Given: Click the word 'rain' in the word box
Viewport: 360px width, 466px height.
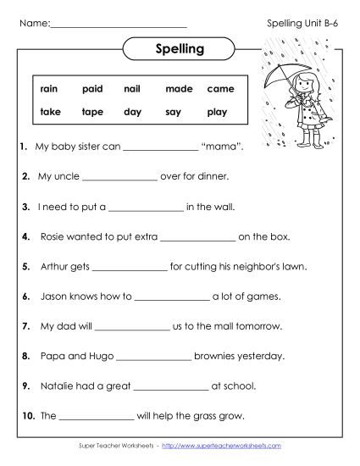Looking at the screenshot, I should click(x=49, y=89).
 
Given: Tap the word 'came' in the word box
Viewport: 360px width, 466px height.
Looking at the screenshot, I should click(x=220, y=89).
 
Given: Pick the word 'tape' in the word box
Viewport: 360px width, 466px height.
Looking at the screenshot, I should click(x=92, y=112).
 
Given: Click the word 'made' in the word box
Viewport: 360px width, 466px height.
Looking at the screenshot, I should click(x=179, y=89).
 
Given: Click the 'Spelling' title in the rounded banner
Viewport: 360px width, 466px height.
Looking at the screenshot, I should click(x=180, y=48).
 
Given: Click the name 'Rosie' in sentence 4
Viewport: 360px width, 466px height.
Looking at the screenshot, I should click(x=53, y=237).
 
